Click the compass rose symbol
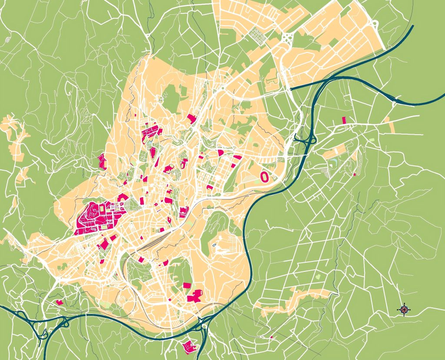[x=404, y=309]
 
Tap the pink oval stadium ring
[x=264, y=176]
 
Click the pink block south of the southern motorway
[x=189, y=346]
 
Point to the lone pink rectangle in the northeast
[x=344, y=120]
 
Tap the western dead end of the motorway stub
[x=291, y=89]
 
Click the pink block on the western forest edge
[x=103, y=162]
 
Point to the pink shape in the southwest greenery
[x=60, y=301]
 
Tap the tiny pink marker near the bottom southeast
[x=271, y=337]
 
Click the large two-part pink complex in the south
[x=195, y=296]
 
